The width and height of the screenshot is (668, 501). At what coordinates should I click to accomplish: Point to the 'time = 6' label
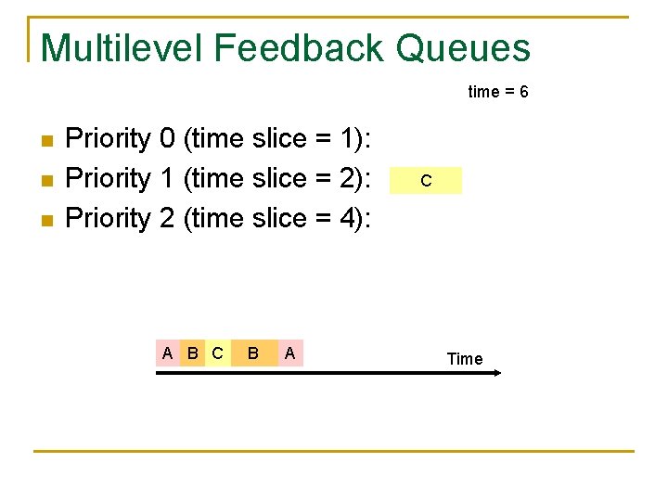(498, 92)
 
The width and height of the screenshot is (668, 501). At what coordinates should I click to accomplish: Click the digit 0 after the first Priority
(167, 139)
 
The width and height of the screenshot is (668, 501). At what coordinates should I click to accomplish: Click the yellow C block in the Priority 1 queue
(425, 180)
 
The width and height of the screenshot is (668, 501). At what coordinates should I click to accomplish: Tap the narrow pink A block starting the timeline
(167, 353)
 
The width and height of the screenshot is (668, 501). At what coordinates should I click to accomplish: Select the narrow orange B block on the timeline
(192, 353)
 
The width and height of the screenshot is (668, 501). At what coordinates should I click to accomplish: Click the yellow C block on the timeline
(217, 353)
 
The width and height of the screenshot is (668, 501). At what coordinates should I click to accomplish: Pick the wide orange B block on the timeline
(253, 353)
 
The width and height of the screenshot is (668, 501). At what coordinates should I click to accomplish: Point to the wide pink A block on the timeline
(290, 353)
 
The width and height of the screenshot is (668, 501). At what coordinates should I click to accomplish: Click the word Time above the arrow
(465, 359)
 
